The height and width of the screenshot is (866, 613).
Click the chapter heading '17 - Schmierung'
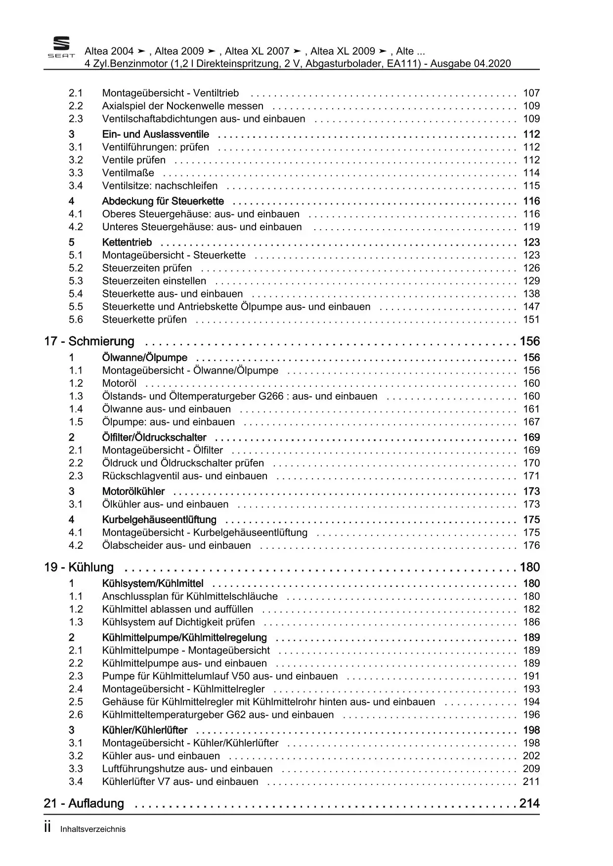(x=89, y=341)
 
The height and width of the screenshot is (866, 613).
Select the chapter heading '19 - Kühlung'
(x=79, y=567)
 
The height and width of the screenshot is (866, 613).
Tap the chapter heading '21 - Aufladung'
(x=84, y=803)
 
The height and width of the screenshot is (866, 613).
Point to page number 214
(x=529, y=803)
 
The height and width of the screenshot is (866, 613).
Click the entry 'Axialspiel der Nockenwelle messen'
(x=182, y=106)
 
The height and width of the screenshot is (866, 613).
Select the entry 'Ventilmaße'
(x=128, y=173)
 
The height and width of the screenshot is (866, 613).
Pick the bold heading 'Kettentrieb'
(x=127, y=243)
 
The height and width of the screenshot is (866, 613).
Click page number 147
(x=531, y=307)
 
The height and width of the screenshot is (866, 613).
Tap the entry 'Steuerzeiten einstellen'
(x=154, y=281)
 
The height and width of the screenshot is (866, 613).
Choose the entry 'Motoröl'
(x=119, y=383)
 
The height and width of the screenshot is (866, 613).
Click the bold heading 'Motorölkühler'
(x=133, y=492)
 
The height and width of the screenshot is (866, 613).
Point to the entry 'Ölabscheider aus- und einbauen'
(x=176, y=545)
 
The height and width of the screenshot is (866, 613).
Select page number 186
(x=531, y=622)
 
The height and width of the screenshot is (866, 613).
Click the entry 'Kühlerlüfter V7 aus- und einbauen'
(x=180, y=782)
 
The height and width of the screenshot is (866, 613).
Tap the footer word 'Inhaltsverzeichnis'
(x=93, y=829)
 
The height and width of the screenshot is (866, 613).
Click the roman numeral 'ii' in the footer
(x=47, y=828)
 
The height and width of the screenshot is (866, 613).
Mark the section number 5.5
(x=76, y=307)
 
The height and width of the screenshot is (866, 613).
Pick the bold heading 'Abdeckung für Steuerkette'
(x=163, y=201)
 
